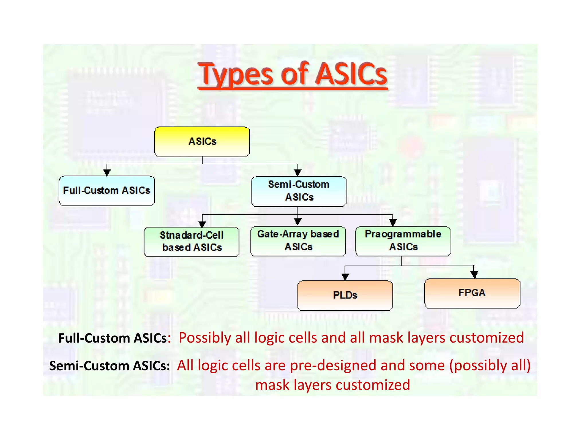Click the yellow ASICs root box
coord(202,142)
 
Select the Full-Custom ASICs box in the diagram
coord(107,191)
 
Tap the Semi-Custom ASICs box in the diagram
coord(299,191)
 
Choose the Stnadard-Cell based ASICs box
coord(191,242)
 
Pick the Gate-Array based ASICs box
coord(298,241)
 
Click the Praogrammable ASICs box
coord(403,241)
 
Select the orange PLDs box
coord(345,295)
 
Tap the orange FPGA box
coord(472,293)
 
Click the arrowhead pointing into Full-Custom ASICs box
coord(107,172)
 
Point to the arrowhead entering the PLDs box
coord(345,276)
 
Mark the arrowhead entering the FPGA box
coord(474,275)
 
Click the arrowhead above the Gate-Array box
coord(298,221)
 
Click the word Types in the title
coord(236,74)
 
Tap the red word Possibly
coord(205,338)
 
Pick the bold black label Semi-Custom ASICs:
coord(109,366)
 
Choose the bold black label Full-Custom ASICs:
coord(114,338)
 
